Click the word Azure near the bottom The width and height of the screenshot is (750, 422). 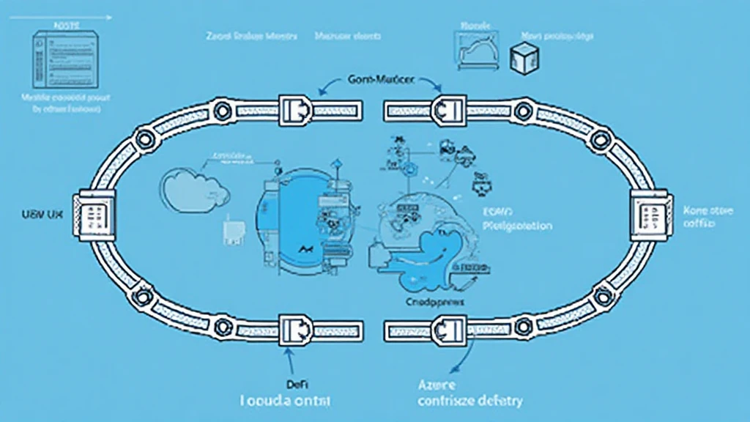pyautogui.click(x=438, y=385)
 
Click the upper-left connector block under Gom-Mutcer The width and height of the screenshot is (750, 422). pyautogui.click(x=296, y=109)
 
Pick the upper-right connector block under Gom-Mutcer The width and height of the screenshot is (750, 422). pyautogui.click(x=447, y=109)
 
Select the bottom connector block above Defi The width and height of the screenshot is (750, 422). pyautogui.click(x=296, y=327)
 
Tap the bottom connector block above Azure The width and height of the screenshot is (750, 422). pyautogui.click(x=447, y=327)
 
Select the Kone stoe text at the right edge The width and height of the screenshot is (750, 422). pyautogui.click(x=707, y=210)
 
